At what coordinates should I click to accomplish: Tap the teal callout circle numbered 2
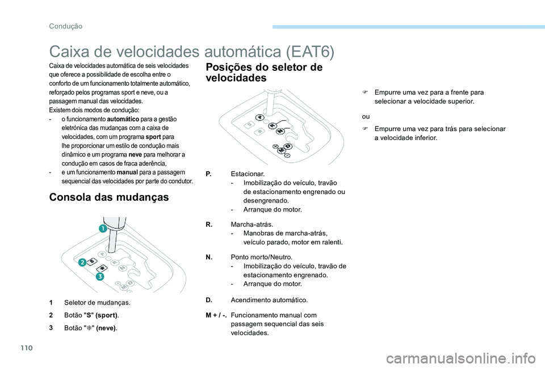(x=82, y=261)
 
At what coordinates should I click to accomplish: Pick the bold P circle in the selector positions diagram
(x=259, y=117)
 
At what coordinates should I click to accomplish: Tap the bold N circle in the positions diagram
(x=279, y=132)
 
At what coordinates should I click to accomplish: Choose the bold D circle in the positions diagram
(x=288, y=147)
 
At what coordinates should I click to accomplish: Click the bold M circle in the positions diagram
(x=280, y=150)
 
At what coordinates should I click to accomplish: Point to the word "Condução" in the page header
(x=65, y=26)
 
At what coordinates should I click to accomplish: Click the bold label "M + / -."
(x=216, y=315)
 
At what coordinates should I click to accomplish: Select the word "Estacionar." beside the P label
(x=248, y=173)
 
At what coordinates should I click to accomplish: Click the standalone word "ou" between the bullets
(x=365, y=116)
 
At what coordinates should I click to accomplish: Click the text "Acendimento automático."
(x=270, y=299)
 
